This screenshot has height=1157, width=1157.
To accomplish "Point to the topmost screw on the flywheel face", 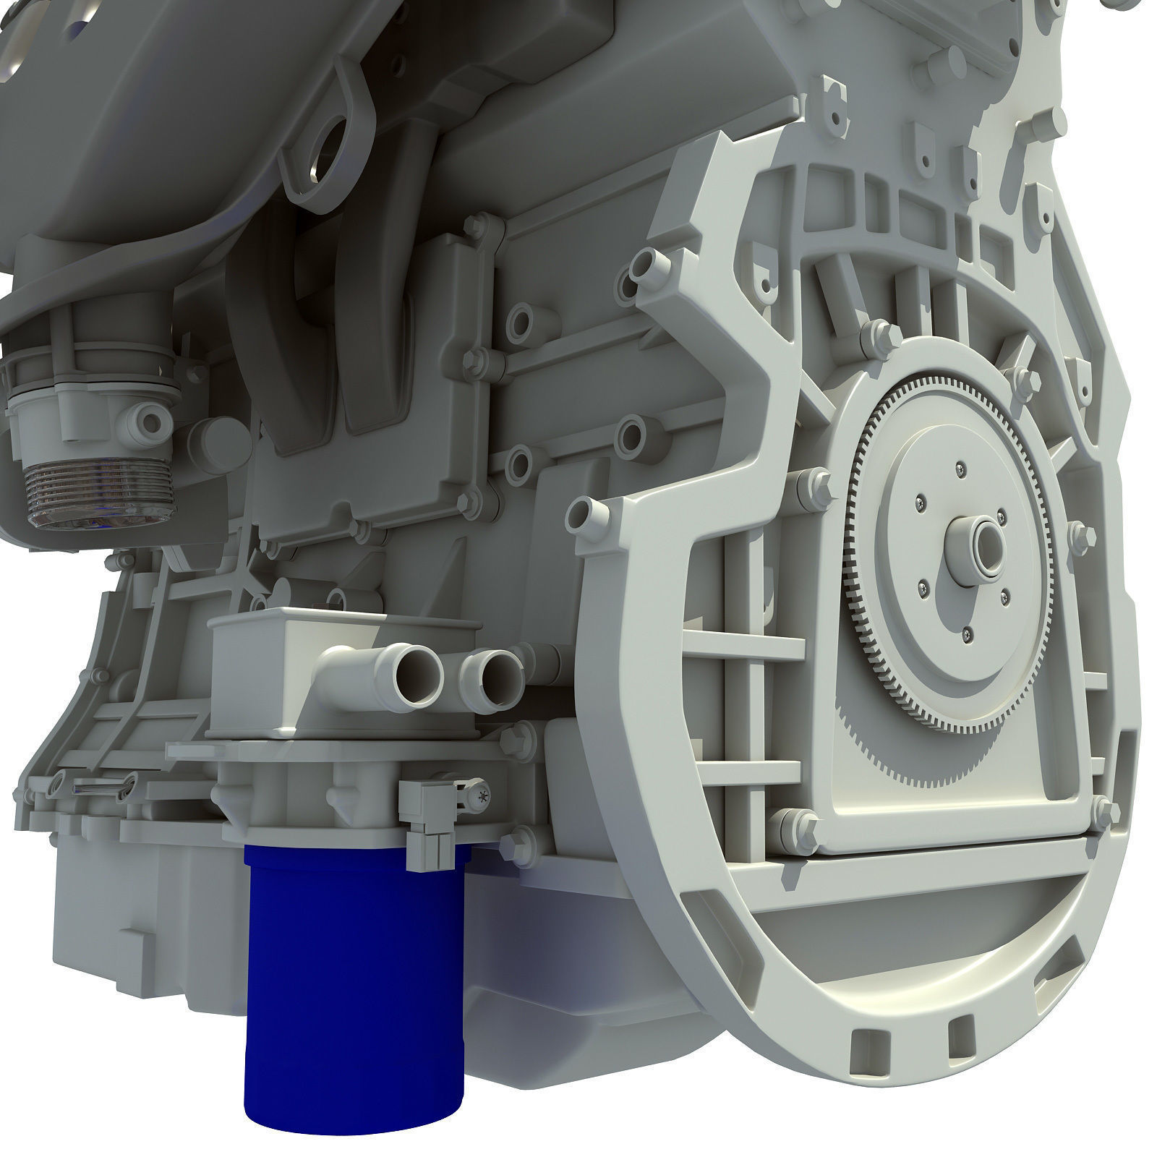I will pyautogui.click(x=959, y=466).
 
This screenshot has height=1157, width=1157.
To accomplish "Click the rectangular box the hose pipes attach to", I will pyautogui.click(x=268, y=636).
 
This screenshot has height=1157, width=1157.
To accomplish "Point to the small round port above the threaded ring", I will pyautogui.click(x=153, y=420).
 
